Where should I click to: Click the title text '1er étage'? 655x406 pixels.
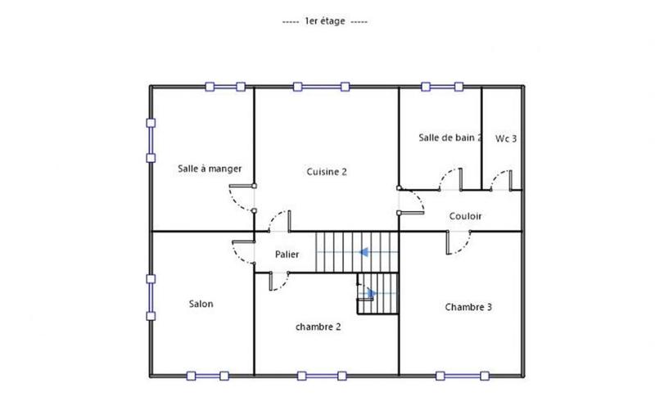pos(327,21)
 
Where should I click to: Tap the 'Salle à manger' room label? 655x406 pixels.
pos(210,169)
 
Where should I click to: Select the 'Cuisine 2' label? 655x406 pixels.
pos(327,172)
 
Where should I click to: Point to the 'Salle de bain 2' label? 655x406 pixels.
pos(449,138)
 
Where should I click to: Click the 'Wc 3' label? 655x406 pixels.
pos(506,139)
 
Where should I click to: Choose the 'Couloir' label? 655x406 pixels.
pos(465,216)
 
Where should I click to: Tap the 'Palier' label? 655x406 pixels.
pos(287,255)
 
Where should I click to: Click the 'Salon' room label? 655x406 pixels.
pos(201,304)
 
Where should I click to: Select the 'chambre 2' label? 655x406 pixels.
pos(318,326)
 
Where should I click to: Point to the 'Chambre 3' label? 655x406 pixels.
pos(468,308)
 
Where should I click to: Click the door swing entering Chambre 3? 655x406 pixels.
pos(458,243)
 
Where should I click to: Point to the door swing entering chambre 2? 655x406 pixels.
pos(279,282)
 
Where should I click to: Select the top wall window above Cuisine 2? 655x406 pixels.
pos(320,85)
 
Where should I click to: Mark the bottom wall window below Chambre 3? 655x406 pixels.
pos(464,376)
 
